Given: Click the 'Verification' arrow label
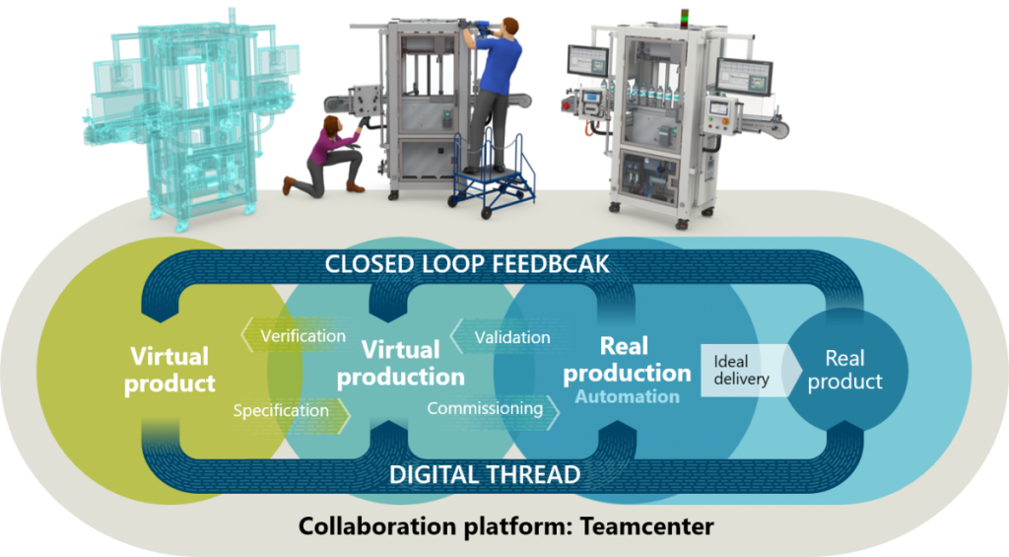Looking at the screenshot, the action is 303,335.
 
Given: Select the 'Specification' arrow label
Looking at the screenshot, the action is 281,411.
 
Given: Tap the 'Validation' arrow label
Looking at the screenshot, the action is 512,337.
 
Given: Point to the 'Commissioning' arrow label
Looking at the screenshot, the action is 485,408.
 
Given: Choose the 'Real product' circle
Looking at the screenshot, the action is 844,370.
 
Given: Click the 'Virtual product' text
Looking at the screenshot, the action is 169,370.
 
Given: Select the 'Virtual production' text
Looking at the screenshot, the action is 401,363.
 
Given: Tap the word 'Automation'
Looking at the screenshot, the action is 628,396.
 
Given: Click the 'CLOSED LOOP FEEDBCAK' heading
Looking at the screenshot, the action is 466,264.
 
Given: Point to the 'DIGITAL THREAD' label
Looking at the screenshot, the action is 485,474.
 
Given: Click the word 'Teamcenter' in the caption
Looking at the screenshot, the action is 646,526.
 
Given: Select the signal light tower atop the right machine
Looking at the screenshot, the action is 685,18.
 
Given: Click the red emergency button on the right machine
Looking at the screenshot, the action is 567,105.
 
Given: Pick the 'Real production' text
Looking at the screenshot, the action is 627,359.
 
